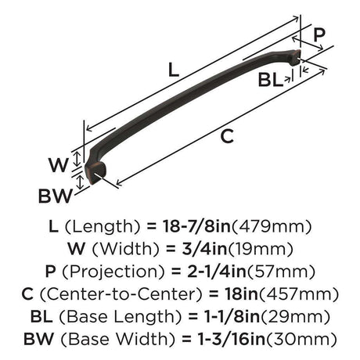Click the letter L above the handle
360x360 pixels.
(174, 70)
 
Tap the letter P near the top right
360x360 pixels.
(319, 34)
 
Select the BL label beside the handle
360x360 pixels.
(271, 80)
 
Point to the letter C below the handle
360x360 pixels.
(227, 136)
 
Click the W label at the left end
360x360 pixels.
(59, 165)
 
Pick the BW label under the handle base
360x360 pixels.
(55, 196)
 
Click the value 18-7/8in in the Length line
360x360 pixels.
(197, 226)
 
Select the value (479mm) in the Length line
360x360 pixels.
(272, 226)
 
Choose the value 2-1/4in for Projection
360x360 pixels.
(217, 272)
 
